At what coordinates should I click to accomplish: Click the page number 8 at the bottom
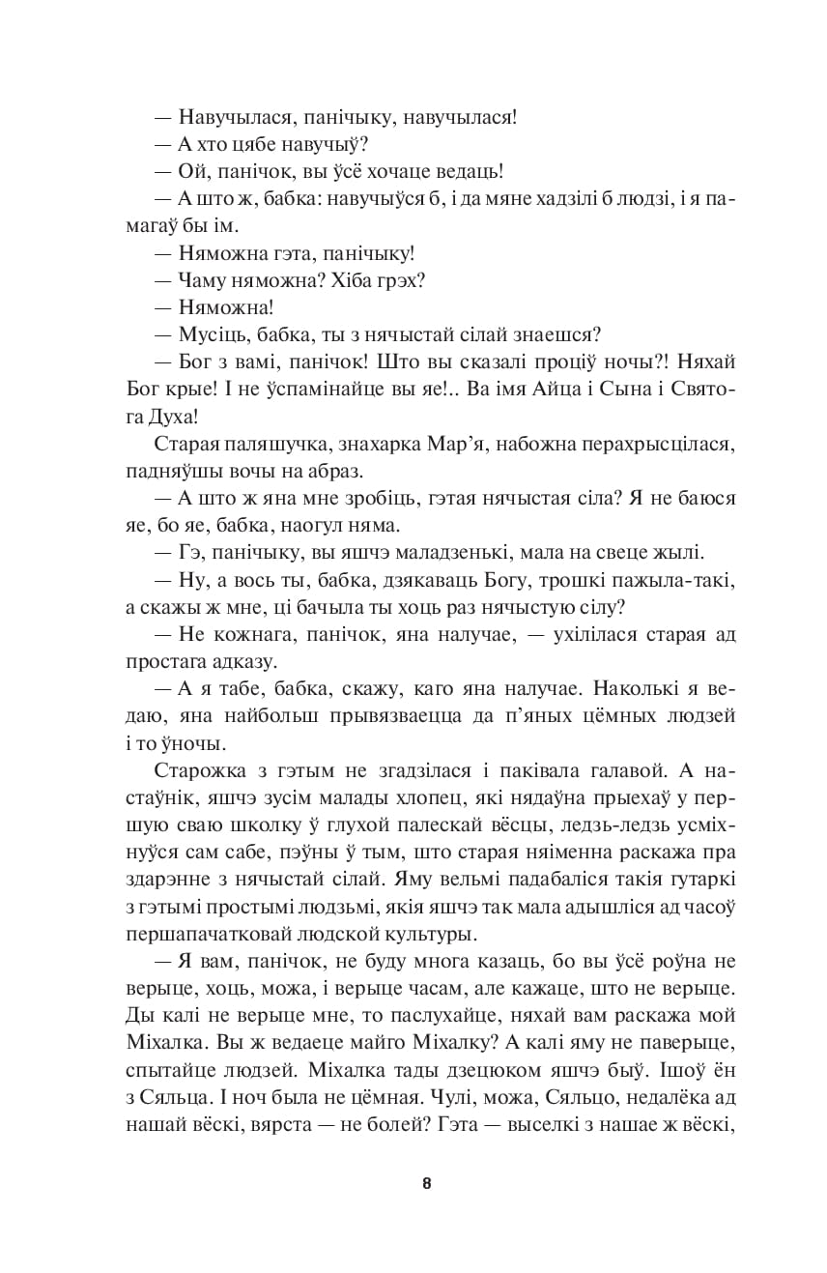(x=426, y=1184)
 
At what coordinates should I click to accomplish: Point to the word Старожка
(x=192, y=770)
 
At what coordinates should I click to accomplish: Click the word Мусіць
(x=208, y=334)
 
